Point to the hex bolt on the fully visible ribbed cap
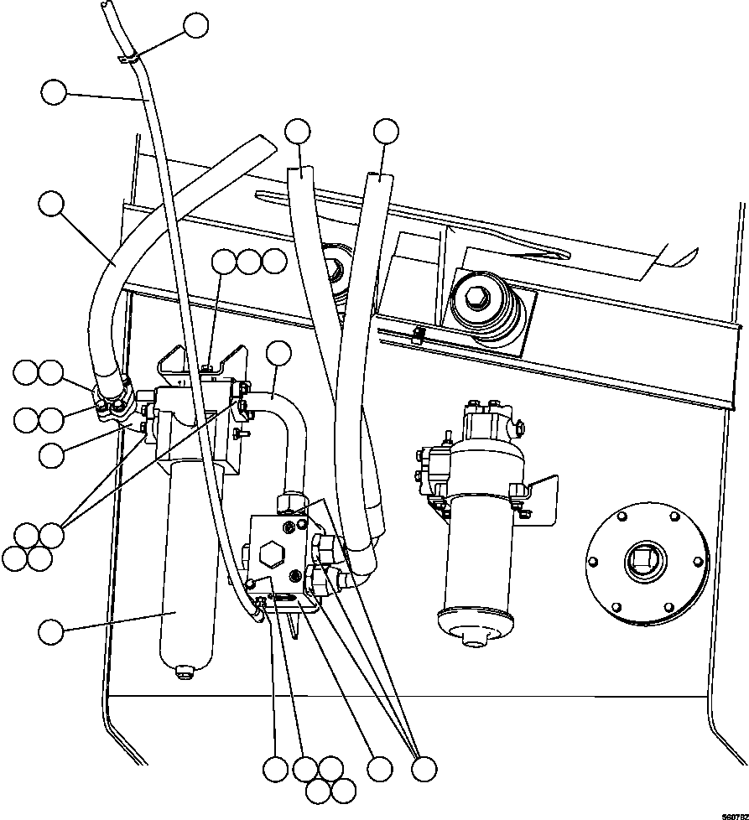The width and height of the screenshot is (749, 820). click(474, 298)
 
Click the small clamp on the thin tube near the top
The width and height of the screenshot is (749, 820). click(132, 58)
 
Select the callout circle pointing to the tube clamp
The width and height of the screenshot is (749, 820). click(195, 25)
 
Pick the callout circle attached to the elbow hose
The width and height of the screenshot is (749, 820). click(278, 355)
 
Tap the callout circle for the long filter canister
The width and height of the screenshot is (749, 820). click(51, 631)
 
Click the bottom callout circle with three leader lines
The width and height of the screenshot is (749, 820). click(424, 768)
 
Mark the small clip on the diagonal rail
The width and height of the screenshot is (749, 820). click(419, 336)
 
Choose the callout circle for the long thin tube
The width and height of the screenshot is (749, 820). click(53, 92)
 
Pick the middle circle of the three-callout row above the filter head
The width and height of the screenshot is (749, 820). click(249, 262)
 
